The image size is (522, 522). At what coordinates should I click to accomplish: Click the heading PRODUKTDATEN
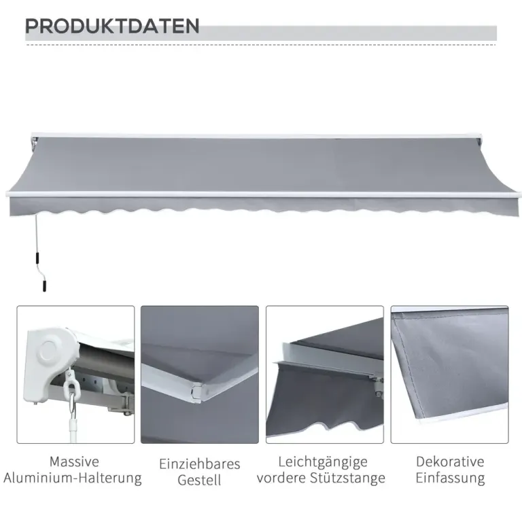click(x=112, y=26)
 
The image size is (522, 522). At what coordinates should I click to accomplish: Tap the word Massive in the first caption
click(x=74, y=462)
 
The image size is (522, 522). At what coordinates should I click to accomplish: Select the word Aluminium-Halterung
click(x=73, y=478)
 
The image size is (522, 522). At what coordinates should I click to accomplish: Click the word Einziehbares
click(x=199, y=464)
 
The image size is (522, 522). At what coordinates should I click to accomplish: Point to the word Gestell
click(x=199, y=480)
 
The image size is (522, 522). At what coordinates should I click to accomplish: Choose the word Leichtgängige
click(x=323, y=462)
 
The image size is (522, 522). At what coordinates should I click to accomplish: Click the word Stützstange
click(x=347, y=478)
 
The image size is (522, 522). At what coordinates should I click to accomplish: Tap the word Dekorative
click(x=450, y=462)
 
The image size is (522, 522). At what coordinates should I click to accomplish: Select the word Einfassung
click(x=450, y=478)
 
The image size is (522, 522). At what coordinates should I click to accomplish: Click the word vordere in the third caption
click(x=281, y=478)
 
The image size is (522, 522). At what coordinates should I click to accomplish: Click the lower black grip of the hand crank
click(x=44, y=286)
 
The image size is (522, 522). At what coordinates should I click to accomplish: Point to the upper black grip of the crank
click(x=37, y=258)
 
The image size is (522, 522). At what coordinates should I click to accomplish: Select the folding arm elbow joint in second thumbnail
click(x=197, y=391)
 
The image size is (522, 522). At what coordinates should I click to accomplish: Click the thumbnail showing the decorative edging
click(x=449, y=375)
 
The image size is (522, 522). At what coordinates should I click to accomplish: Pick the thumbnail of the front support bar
click(x=325, y=375)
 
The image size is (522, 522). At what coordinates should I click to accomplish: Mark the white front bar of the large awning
click(x=263, y=194)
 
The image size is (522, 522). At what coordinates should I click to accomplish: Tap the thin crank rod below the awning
click(x=37, y=233)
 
